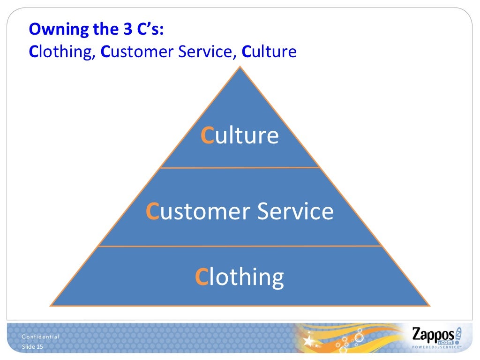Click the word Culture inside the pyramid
pos(240,135)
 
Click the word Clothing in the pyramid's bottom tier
pos(240,277)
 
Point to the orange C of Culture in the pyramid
pos(207,136)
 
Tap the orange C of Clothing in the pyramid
pos(201,277)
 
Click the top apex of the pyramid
pos(240,67)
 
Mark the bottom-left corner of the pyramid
pos(51,305)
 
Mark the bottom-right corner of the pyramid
pos(429,305)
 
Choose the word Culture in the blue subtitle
pos(269,51)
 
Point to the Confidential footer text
pos(41,337)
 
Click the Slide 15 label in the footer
pos(32,346)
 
